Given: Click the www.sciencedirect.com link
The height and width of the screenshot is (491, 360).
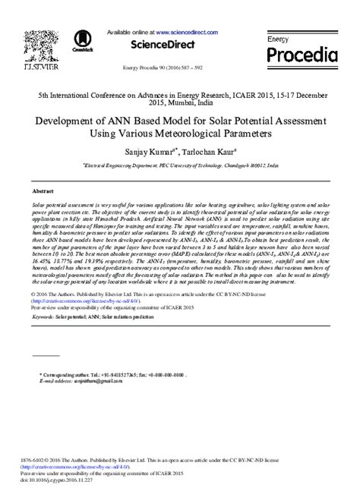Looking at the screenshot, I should click(186, 33).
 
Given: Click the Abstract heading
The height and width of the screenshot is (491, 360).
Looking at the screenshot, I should click(43, 192).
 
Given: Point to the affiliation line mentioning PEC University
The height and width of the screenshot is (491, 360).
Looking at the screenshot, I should click(179, 163).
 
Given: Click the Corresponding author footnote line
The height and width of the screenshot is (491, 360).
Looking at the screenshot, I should click(104, 373).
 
